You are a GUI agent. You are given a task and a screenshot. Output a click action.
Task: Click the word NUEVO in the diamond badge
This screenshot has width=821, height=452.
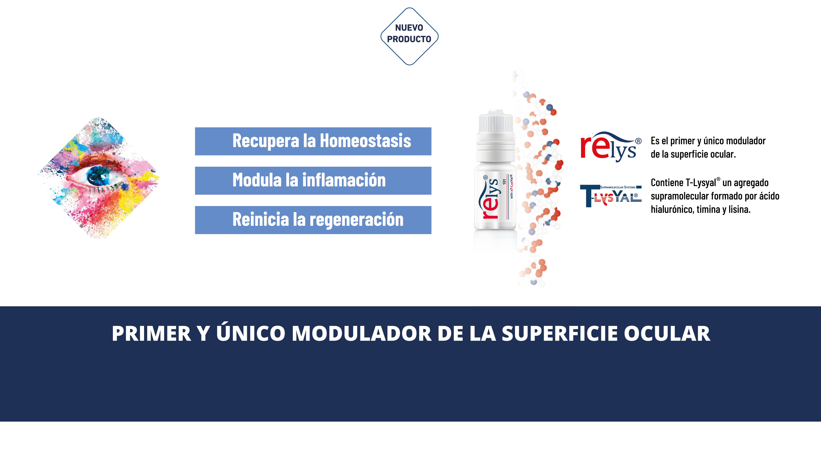click(409, 28)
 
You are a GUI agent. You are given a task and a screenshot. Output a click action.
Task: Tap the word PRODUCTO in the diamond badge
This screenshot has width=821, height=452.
click(409, 39)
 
